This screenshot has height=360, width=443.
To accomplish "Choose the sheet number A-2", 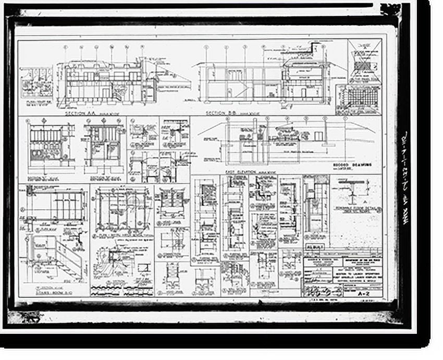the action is click(x=366, y=294).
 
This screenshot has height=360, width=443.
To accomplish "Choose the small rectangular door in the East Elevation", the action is click(x=319, y=136).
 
